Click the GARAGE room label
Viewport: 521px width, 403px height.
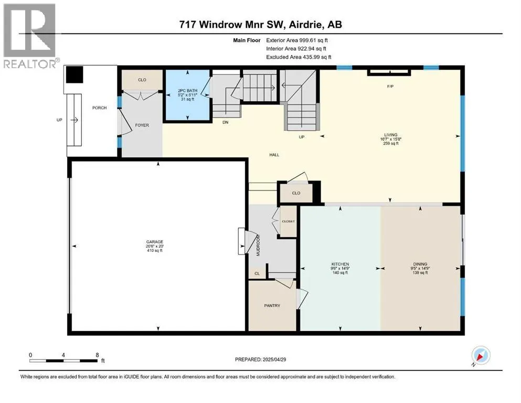click(x=155, y=242)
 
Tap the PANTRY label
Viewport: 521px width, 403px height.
click(x=272, y=305)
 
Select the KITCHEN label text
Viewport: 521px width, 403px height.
click(x=340, y=264)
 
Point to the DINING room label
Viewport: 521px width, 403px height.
click(x=420, y=264)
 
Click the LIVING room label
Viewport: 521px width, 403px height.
click(x=391, y=135)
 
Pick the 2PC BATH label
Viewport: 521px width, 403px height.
click(x=188, y=90)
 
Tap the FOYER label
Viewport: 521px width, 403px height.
click(x=142, y=125)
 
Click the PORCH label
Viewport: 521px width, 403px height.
click(x=99, y=108)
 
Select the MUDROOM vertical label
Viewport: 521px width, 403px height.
click(x=258, y=245)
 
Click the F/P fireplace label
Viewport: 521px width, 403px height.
click(x=390, y=87)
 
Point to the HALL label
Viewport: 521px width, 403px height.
click(x=274, y=154)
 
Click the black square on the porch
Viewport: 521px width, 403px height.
click(x=75, y=75)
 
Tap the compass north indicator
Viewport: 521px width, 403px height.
click(x=480, y=356)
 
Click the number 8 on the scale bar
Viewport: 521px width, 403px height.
click(x=97, y=355)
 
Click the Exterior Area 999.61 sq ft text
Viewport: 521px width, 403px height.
click(x=297, y=40)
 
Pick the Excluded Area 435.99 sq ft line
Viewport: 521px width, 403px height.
click(x=299, y=57)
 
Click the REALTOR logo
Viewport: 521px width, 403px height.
click(x=30, y=36)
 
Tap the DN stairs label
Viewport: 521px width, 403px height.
click(x=225, y=122)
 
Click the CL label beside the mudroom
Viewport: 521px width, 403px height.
click(x=257, y=273)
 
